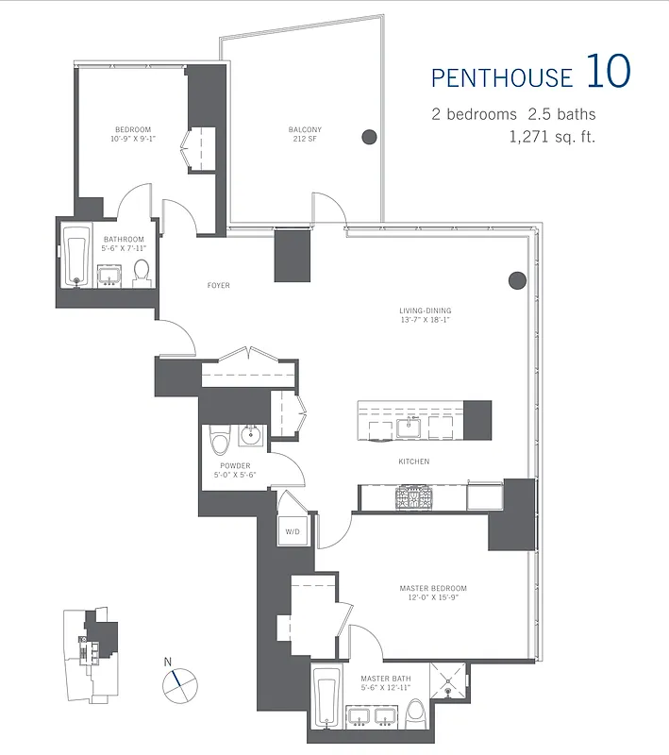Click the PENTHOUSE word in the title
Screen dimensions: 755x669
pyautogui.click(x=501, y=75)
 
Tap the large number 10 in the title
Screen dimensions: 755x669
pyautogui.click(x=608, y=72)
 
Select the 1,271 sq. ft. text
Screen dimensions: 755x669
pyautogui.click(x=552, y=136)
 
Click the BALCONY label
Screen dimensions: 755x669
pyautogui.click(x=305, y=129)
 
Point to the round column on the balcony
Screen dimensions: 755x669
pyautogui.click(x=370, y=137)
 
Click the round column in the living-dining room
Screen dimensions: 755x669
pyautogui.click(x=516, y=279)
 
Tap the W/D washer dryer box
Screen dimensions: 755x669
pyautogui.click(x=293, y=532)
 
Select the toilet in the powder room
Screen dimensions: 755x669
pyautogui.click(x=221, y=441)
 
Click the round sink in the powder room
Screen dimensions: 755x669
pyautogui.click(x=252, y=436)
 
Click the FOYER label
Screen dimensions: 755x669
pyautogui.click(x=218, y=285)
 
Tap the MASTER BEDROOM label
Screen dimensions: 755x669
pyautogui.click(x=432, y=589)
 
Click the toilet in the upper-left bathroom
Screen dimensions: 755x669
pyautogui.click(x=142, y=271)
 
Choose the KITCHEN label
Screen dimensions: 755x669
pyautogui.click(x=413, y=461)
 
